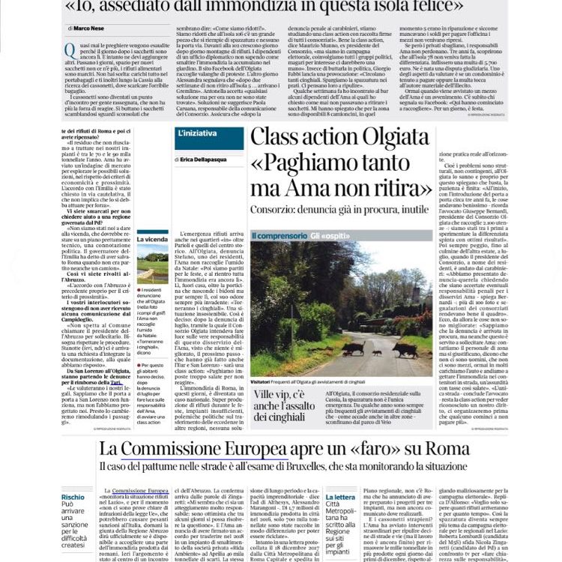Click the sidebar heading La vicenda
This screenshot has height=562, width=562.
[x=153, y=239]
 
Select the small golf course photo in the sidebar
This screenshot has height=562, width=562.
[x=153, y=261]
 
